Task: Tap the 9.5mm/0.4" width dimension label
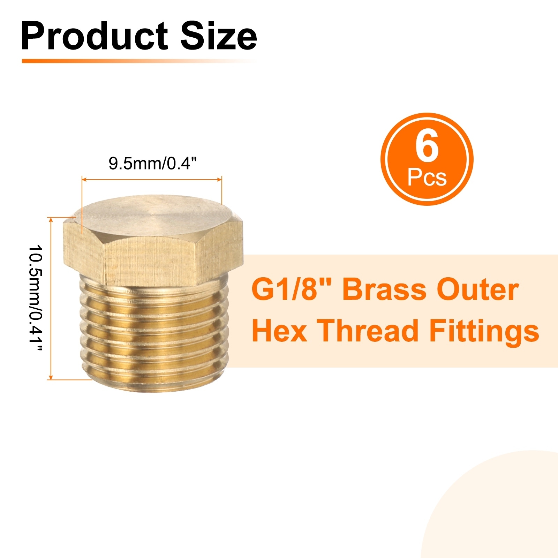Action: (x=152, y=163)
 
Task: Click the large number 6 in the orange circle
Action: (x=427, y=148)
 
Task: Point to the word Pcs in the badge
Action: (x=427, y=178)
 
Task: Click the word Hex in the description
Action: (x=279, y=331)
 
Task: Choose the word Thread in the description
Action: (x=368, y=330)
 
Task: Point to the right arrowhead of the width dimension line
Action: (x=219, y=180)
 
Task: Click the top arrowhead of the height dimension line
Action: (x=51, y=220)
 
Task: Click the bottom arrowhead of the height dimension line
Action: (x=51, y=377)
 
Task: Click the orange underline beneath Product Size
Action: (x=139, y=61)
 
